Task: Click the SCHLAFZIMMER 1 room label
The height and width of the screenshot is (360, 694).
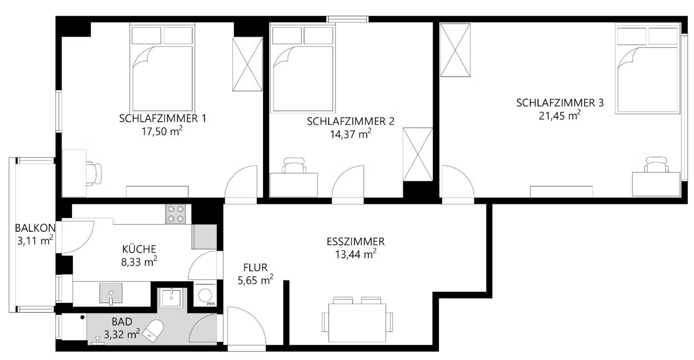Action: (163, 119)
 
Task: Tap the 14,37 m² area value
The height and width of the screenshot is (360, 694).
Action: (350, 134)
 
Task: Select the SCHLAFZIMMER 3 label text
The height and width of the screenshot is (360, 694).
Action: (560, 103)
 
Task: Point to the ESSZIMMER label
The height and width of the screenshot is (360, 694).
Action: (356, 242)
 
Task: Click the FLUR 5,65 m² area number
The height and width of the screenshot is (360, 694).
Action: (255, 280)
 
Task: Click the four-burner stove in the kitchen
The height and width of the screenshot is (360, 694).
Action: (176, 214)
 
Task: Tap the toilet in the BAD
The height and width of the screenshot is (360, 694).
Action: (154, 331)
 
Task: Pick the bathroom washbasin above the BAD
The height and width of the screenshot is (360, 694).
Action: (171, 298)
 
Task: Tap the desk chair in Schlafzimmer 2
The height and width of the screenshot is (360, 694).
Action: (294, 165)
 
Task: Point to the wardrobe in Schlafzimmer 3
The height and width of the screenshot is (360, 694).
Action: (455, 50)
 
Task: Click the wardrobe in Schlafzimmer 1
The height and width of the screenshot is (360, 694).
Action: (247, 64)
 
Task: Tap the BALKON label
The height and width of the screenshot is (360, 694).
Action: (35, 228)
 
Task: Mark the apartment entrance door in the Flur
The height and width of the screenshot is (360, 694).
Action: (245, 327)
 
